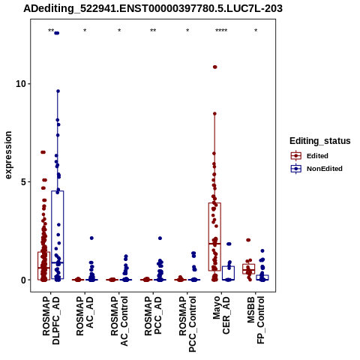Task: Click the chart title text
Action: pyautogui.click(x=153, y=8)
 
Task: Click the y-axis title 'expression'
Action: pyautogui.click(x=8, y=155)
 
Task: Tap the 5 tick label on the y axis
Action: pyautogui.click(x=24, y=181)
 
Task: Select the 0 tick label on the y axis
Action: pyautogui.click(x=24, y=280)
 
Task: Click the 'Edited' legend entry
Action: pyautogui.click(x=317, y=156)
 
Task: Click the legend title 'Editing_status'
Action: pyautogui.click(x=320, y=141)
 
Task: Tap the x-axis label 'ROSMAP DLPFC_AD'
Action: pyautogui.click(x=51, y=320)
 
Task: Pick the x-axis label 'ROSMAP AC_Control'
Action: pyautogui.click(x=119, y=321)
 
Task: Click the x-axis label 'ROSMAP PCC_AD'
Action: pyautogui.click(x=153, y=316)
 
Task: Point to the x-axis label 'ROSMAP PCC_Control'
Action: pyautogui.click(x=187, y=324)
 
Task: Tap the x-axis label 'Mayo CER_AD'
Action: pyautogui.click(x=221, y=315)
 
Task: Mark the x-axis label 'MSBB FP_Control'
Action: pyautogui.click(x=256, y=320)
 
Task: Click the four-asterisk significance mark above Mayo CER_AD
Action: pyautogui.click(x=221, y=31)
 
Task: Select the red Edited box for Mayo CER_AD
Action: pyautogui.click(x=214, y=236)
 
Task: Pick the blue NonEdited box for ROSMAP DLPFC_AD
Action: pyautogui.click(x=58, y=235)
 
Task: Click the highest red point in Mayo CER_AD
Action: pyautogui.click(x=214, y=67)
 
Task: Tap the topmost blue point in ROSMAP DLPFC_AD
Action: pyautogui.click(x=57, y=33)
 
